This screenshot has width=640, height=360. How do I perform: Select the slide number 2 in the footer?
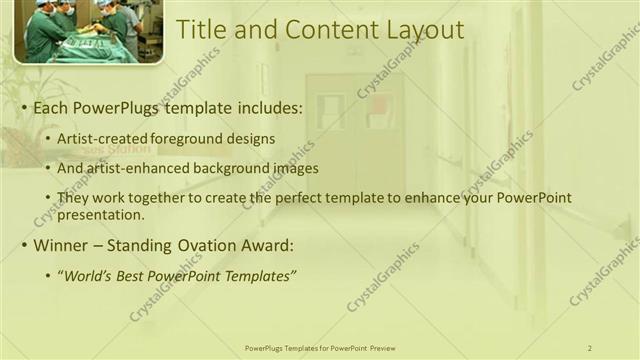coord(590,348)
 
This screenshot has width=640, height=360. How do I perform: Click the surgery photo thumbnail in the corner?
coord(88,31)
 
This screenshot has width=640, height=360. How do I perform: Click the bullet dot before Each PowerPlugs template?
coord(23,106)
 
